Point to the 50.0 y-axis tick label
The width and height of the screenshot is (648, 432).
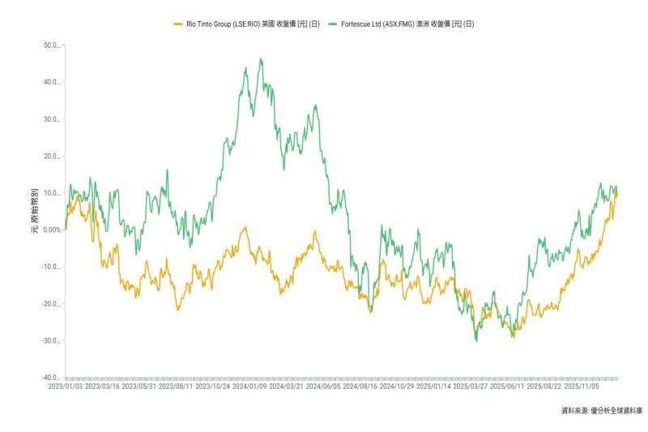coord(51,45)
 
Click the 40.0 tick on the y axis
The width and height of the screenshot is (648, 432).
coord(51,83)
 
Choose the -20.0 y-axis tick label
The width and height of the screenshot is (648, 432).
coord(50,304)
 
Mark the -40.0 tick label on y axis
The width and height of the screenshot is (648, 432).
coord(50,379)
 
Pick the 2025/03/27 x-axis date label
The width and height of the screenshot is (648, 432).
coord(471,387)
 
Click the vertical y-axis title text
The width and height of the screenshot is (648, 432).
coord(34,212)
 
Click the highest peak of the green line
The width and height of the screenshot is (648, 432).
coord(260,58)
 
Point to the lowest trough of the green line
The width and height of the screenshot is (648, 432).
coord(476,341)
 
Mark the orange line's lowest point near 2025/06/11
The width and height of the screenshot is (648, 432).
coord(513,337)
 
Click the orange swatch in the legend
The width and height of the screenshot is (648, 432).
coord(178,24)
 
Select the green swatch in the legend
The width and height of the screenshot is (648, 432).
coord(334,24)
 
